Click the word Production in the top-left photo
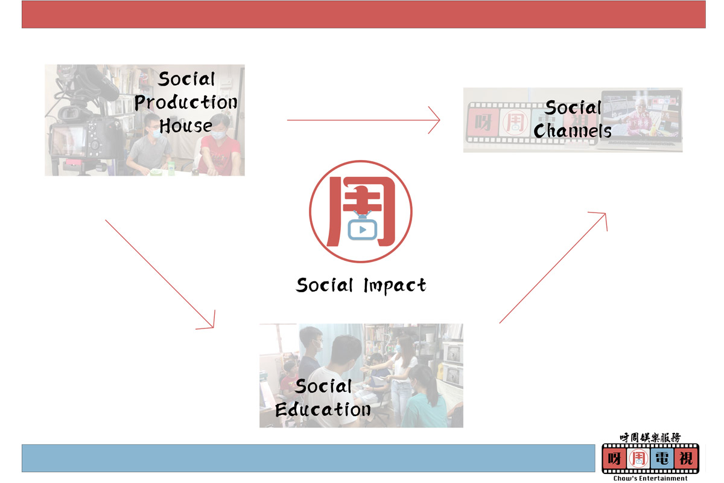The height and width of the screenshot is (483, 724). [186, 103]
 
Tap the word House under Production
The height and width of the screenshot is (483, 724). [186, 126]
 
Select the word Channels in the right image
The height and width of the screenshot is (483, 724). [572, 131]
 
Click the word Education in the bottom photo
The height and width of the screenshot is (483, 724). [323, 410]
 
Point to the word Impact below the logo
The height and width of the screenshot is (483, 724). [395, 286]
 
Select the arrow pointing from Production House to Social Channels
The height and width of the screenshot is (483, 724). [364, 120]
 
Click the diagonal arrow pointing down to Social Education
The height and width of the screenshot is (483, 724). [160, 275]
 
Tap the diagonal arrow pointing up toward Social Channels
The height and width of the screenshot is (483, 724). [553, 267]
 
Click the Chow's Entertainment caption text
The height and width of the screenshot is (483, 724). [650, 478]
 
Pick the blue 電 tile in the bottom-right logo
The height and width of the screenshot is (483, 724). [662, 458]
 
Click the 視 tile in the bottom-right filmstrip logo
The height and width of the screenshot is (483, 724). [685, 458]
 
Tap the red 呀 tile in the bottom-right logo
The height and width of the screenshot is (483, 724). [614, 458]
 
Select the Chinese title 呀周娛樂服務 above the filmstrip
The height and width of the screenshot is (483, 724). [650, 438]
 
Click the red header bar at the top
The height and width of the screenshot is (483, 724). [364, 14]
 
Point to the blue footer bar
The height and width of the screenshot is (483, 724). [308, 458]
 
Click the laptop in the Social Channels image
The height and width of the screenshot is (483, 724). [641, 120]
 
